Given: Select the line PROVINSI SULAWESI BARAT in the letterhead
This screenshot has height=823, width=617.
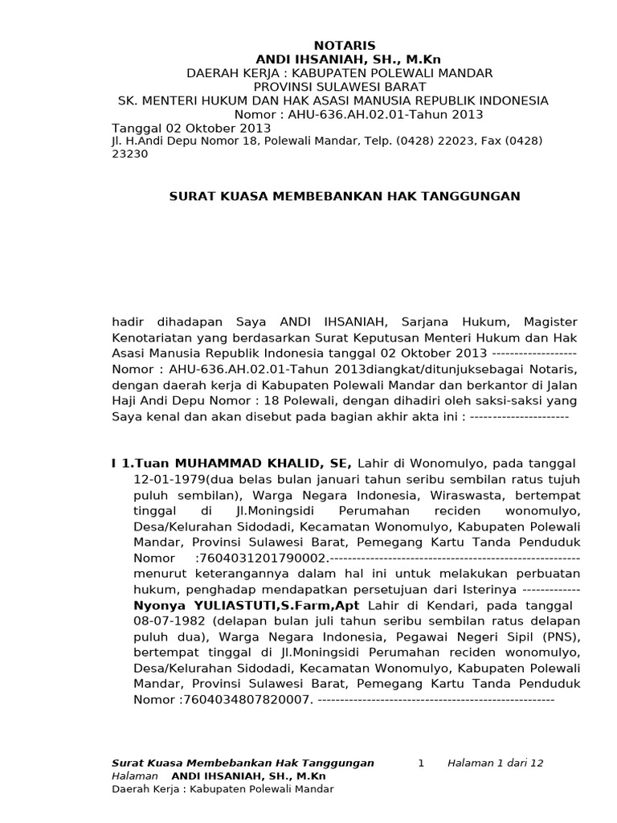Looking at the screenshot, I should pos(340,87).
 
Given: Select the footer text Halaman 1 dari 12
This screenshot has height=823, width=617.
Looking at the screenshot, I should pos(496,763).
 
